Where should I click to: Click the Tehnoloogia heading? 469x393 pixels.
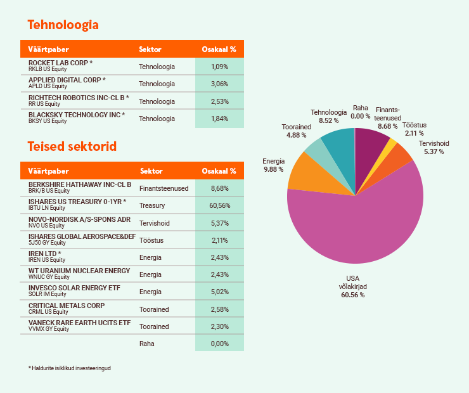coord(63,25)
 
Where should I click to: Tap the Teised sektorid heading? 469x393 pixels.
coord(72,146)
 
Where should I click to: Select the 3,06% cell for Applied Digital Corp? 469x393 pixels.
coord(219,84)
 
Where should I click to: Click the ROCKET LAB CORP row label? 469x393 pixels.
coord(61,63)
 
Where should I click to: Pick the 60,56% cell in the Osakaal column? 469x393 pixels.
coord(219,205)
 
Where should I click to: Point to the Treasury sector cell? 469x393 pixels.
coord(151,205)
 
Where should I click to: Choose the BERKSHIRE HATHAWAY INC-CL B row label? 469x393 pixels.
coord(80,184)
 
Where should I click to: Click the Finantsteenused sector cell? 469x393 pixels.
coord(164,188)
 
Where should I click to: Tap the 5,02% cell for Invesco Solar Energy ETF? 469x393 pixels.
coord(219,292)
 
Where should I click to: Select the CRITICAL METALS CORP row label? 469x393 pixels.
coord(67,306)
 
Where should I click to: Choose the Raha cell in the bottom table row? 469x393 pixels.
coord(146,344)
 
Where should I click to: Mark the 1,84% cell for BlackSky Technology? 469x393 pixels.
coord(219,119)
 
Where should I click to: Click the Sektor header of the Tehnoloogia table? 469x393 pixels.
coord(150,49)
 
